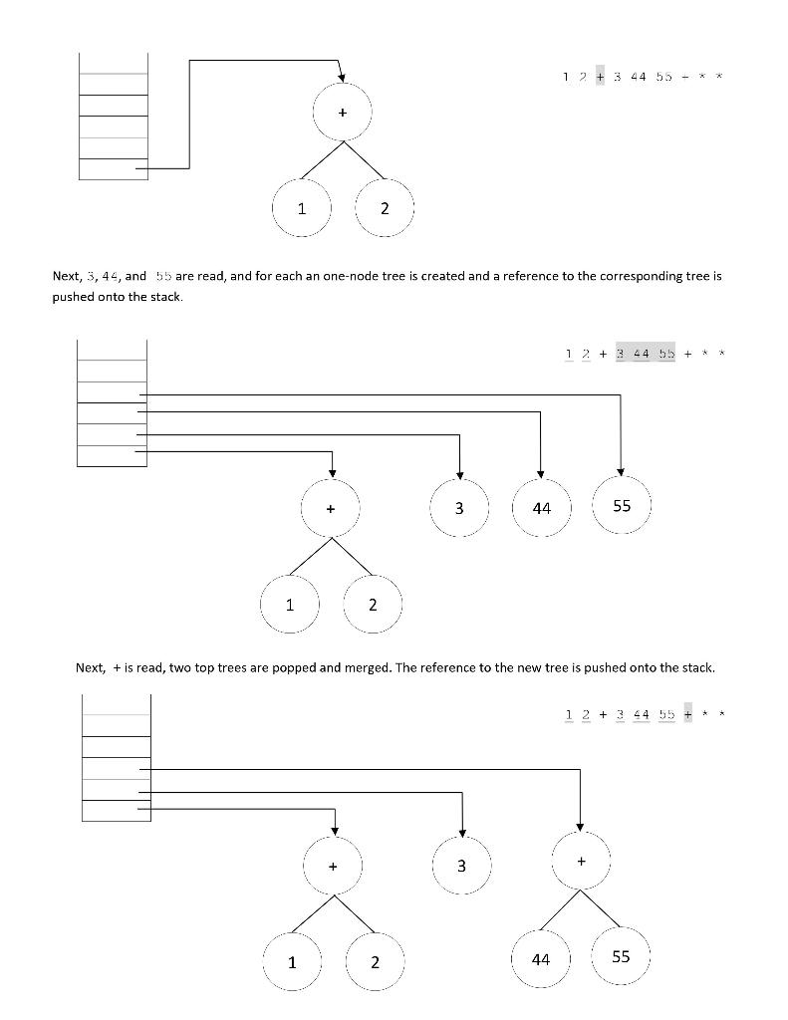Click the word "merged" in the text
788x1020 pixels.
[361, 667]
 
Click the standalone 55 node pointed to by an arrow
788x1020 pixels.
[622, 506]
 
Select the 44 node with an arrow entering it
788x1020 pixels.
[541, 508]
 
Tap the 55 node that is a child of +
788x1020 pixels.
[621, 956]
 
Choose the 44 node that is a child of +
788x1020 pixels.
[541, 959]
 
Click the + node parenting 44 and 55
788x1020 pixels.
[581, 861]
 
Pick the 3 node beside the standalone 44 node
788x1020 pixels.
[459, 508]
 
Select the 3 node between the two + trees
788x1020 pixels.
[461, 866]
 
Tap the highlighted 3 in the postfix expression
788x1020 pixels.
[621, 354]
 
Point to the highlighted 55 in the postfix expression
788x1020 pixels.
[665, 354]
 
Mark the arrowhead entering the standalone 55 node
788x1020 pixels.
[622, 470]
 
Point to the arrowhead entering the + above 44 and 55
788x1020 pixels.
[580, 827]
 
